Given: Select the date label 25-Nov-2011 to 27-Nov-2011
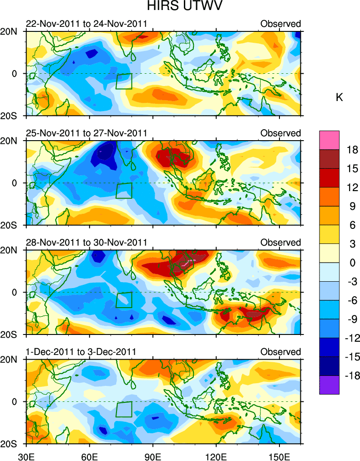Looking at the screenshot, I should point(86,133).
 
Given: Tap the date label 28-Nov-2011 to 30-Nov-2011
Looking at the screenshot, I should point(86,243).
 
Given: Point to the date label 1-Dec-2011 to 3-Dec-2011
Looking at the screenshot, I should point(81,352).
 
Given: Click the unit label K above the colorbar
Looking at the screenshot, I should point(339,97).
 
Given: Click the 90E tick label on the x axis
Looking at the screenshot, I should point(153,456).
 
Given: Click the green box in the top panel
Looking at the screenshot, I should point(124,81).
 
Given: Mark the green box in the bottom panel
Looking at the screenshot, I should point(124,409).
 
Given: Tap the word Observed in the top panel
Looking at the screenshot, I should point(280,24).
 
